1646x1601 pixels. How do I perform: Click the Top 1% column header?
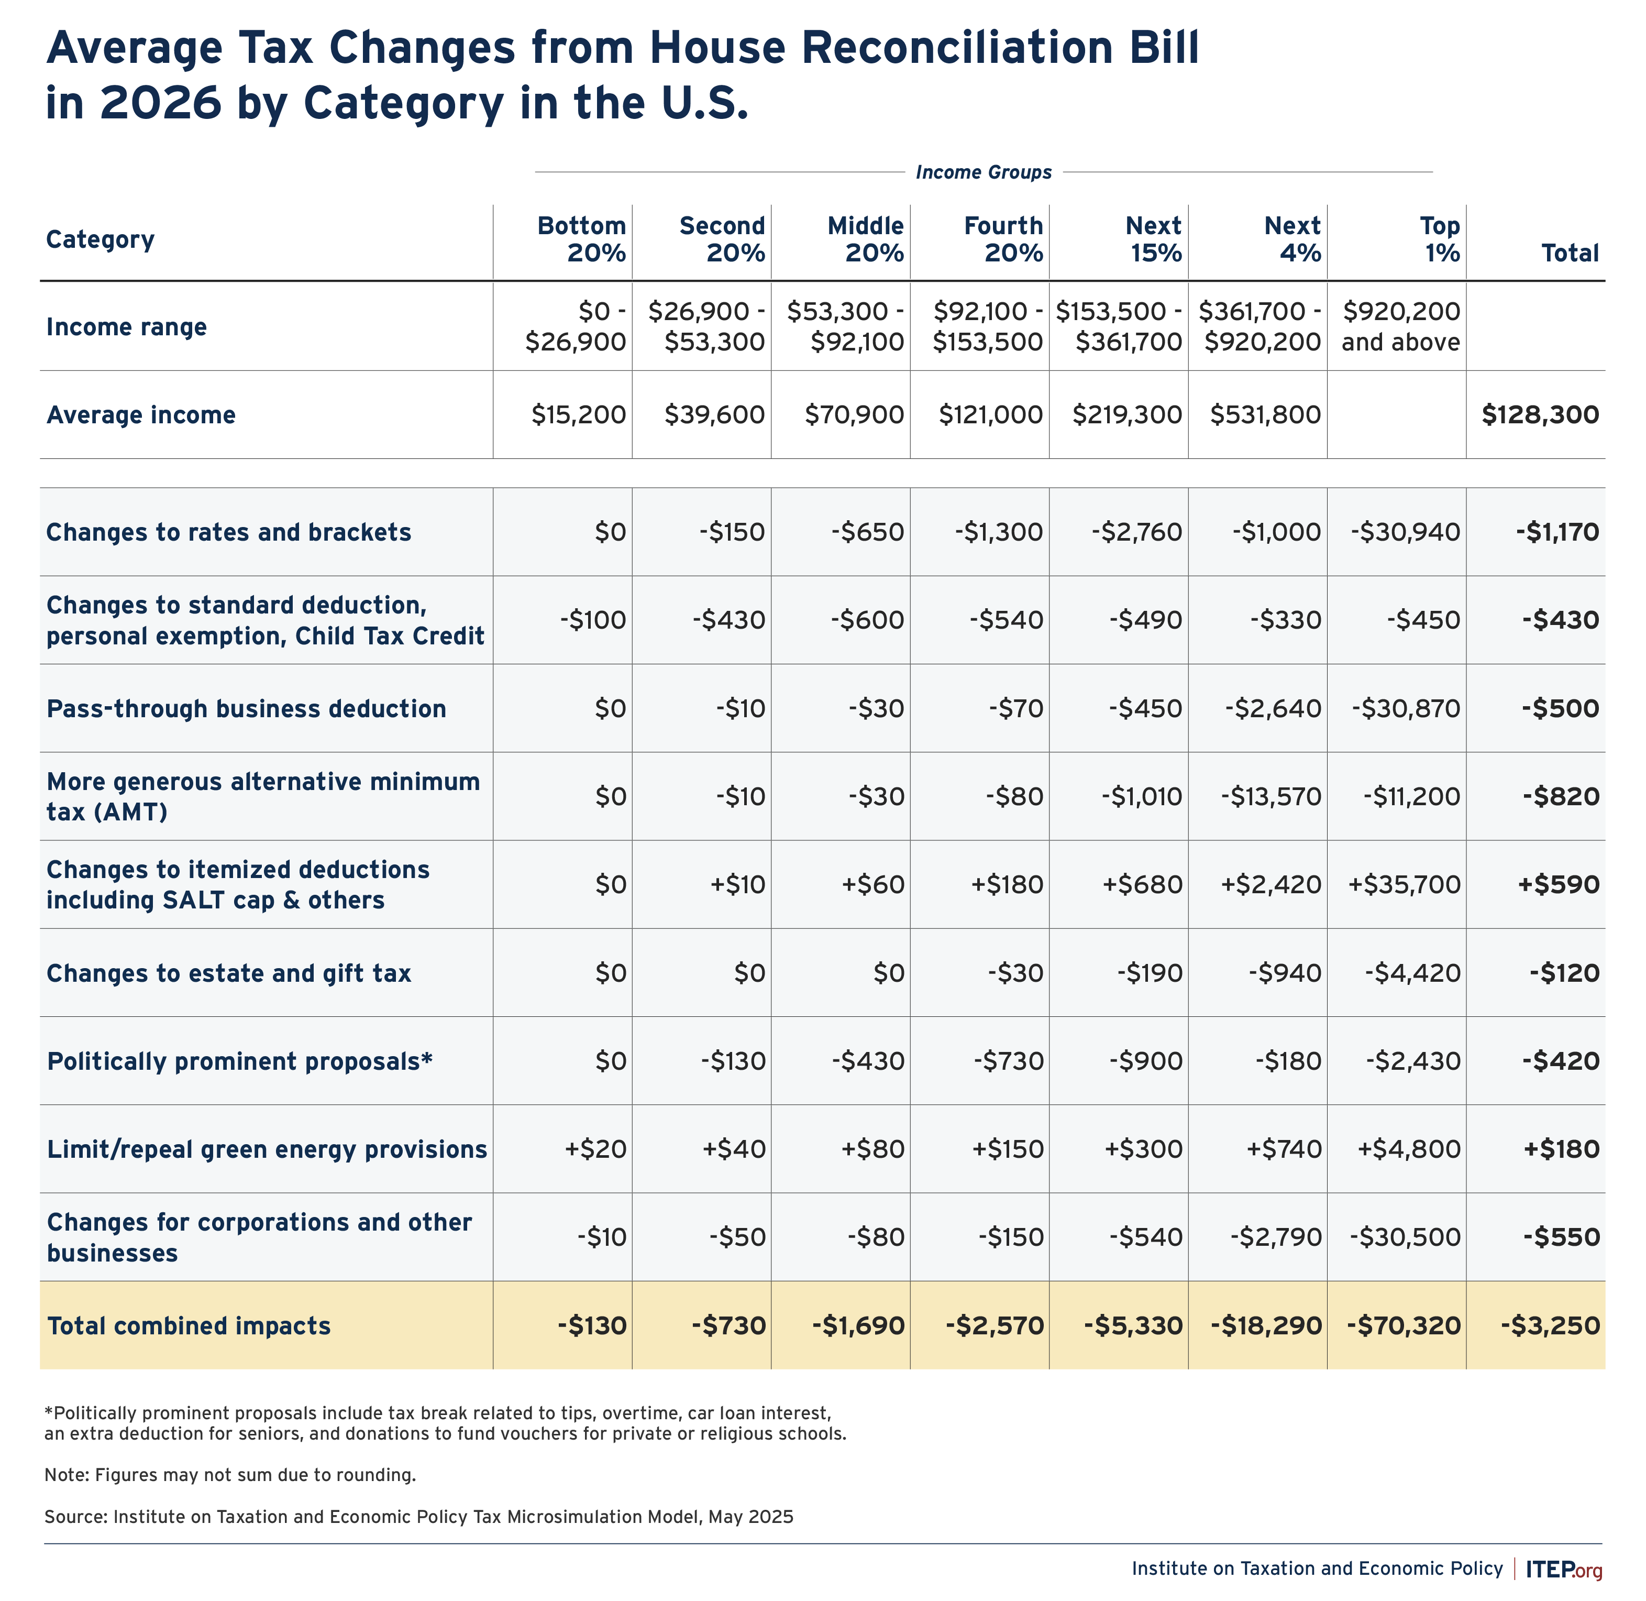coord(1440,239)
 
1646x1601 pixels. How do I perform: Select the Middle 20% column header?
coord(866,239)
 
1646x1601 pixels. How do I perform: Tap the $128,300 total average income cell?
coord(1540,414)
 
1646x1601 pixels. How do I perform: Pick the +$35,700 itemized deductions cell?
coord(1405,885)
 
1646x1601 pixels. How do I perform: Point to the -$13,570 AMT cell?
coord(1271,796)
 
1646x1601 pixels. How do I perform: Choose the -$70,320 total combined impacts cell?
coord(1404,1326)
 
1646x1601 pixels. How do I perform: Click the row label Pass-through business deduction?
coord(246,709)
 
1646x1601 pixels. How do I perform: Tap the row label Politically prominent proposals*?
coord(239,1061)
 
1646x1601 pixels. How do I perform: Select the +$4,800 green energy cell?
coord(1409,1148)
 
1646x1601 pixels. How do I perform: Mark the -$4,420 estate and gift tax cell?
coord(1412,973)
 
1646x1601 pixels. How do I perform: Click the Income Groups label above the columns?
coord(984,172)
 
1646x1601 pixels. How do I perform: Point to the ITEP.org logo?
coord(1564,1569)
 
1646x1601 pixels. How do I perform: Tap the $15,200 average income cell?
coord(578,414)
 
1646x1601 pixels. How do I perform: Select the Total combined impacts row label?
coord(189,1326)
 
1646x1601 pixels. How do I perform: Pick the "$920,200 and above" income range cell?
coord(1400,326)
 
